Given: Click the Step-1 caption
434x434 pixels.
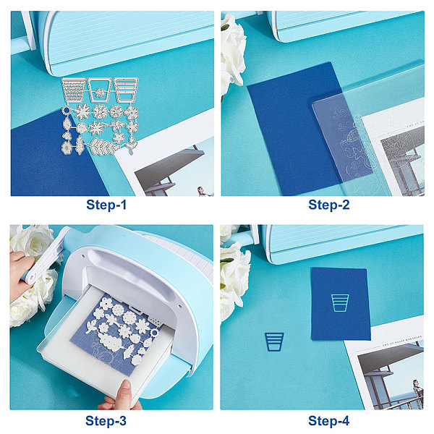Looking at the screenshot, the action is [106, 205].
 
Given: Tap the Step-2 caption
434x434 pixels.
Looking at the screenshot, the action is [329, 205].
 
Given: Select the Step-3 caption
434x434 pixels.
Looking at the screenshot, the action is [106, 421].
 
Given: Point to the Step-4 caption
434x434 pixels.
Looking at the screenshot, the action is [329, 421].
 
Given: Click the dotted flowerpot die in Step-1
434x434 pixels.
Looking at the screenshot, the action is [73, 90].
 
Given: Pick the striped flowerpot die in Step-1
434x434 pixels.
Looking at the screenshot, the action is [126, 90].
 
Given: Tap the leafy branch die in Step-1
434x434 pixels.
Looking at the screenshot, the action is [103, 147].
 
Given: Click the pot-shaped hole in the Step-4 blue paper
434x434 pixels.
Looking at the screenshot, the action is [340, 303].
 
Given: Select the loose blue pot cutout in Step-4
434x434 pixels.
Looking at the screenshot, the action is [274, 342].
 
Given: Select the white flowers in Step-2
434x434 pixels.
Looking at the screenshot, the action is [232, 53].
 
